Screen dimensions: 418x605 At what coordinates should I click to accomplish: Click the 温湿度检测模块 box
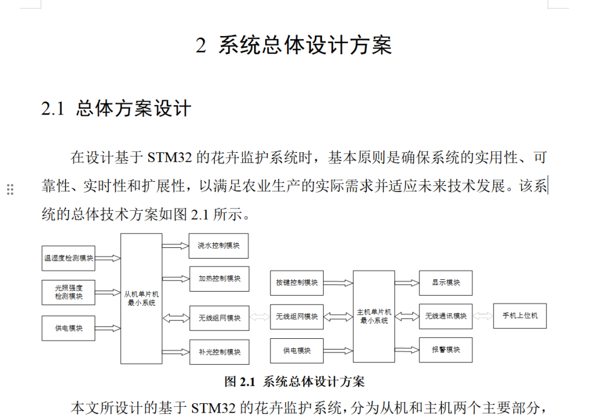pos(69,258)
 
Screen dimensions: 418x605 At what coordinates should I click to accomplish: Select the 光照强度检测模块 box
pos(69,292)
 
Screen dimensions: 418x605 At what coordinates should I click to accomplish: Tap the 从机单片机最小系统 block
pos(141,298)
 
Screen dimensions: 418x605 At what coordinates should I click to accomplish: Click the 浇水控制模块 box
pos(219,246)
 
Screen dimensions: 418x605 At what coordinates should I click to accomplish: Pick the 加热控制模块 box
pos(219,279)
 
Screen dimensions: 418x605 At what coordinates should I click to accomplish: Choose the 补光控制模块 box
pos(219,352)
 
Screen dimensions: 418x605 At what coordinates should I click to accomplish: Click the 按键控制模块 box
pos(297,283)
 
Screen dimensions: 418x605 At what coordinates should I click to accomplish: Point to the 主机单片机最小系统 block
pos(374,316)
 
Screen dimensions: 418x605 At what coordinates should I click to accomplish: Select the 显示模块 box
pos(445,283)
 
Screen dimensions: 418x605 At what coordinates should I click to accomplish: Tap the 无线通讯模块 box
pos(445,316)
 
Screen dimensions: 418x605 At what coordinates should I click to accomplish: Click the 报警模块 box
pos(445,350)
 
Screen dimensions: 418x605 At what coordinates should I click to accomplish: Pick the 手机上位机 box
pos(519,316)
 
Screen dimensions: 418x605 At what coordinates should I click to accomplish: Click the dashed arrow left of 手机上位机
pos(483,316)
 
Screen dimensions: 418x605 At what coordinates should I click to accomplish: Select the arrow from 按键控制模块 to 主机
pos(338,283)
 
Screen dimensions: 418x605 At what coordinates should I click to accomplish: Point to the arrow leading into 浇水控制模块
pos(175,246)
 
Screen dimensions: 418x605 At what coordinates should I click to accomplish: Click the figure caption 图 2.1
pos(294,382)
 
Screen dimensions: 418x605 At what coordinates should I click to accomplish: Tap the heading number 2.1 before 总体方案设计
pos(52,109)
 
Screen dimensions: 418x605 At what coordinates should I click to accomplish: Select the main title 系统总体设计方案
pos(304,45)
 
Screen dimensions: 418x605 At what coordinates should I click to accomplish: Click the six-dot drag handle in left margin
pos(10,190)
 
